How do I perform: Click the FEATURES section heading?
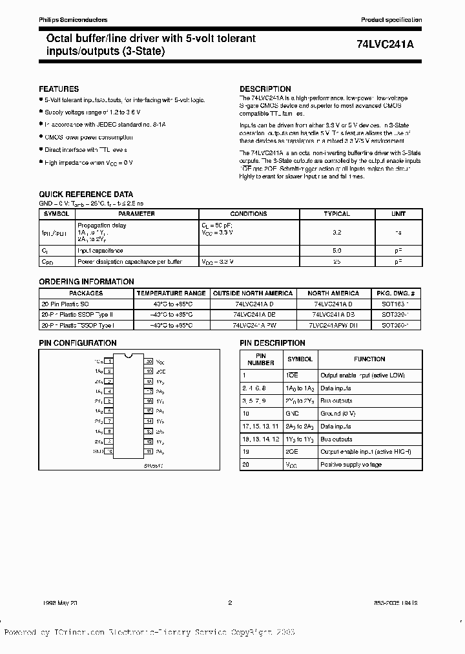click(x=59, y=89)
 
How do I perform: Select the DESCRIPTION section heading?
click(x=265, y=89)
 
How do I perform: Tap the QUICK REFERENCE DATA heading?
click(x=86, y=194)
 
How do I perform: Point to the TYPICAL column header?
click(x=336, y=214)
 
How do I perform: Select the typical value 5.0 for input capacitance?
click(x=336, y=250)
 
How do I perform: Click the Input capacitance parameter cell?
click(x=100, y=250)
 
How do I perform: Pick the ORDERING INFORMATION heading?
click(x=87, y=282)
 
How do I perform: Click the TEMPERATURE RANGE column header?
click(x=171, y=293)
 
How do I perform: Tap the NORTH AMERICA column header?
click(x=333, y=293)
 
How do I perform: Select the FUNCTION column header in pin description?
click(x=369, y=359)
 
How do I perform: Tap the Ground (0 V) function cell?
click(x=339, y=413)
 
